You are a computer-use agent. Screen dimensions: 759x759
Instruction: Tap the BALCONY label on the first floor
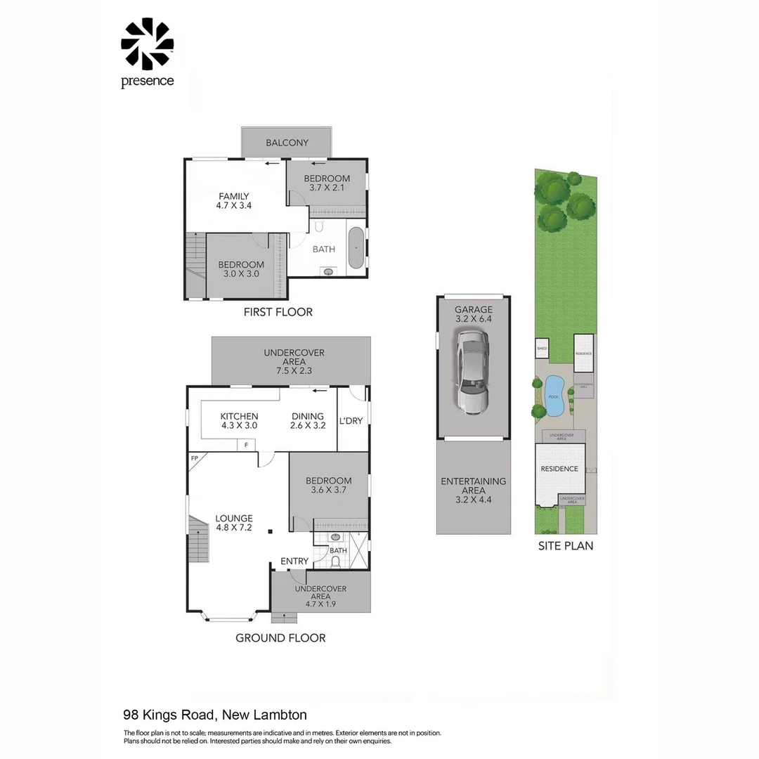click(x=287, y=143)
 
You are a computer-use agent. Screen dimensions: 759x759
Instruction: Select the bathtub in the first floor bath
click(x=356, y=248)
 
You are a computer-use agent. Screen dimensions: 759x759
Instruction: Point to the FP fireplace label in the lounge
click(x=195, y=458)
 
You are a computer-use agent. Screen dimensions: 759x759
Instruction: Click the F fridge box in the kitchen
click(x=246, y=445)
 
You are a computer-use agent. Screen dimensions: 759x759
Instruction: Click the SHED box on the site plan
click(x=542, y=348)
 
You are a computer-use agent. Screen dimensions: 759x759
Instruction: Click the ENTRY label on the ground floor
click(x=294, y=561)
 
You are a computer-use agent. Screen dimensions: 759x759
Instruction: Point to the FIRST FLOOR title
click(x=278, y=311)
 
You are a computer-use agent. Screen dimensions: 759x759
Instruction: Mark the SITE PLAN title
click(x=565, y=545)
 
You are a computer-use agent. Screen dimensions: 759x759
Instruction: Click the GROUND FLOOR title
click(x=280, y=638)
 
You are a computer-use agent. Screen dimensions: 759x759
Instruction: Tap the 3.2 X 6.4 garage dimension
click(x=473, y=319)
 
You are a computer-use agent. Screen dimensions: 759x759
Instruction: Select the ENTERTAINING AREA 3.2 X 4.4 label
click(x=473, y=491)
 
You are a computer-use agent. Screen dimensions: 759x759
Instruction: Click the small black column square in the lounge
click(x=270, y=532)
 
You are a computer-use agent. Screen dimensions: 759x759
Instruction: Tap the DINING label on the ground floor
click(x=308, y=416)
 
